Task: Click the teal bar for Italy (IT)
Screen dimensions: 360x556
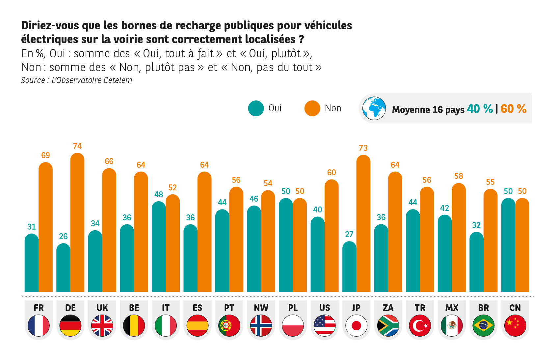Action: point(158,247)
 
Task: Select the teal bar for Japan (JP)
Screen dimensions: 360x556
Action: point(349,267)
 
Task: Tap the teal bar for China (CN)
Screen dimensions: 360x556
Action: point(508,245)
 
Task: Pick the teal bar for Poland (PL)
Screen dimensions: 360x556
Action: point(286,245)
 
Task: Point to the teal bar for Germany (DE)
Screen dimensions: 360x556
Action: point(63,268)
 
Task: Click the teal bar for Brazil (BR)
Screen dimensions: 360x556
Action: point(476,262)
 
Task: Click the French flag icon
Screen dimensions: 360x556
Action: point(39,325)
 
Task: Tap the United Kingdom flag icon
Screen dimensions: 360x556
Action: point(102,325)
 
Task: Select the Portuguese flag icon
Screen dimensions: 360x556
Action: point(229,325)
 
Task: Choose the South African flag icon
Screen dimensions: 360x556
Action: point(388,325)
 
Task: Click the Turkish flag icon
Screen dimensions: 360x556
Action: point(420,325)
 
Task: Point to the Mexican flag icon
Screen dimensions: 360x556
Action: point(452,325)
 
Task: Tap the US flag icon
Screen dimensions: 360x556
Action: point(325,325)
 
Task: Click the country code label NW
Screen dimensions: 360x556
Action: point(261,308)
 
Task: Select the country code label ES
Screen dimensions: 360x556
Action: point(198,308)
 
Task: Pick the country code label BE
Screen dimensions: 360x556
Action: point(134,308)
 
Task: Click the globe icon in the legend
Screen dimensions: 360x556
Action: point(374,108)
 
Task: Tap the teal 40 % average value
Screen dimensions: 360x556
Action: point(480,109)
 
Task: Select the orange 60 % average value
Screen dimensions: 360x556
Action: point(514,109)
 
